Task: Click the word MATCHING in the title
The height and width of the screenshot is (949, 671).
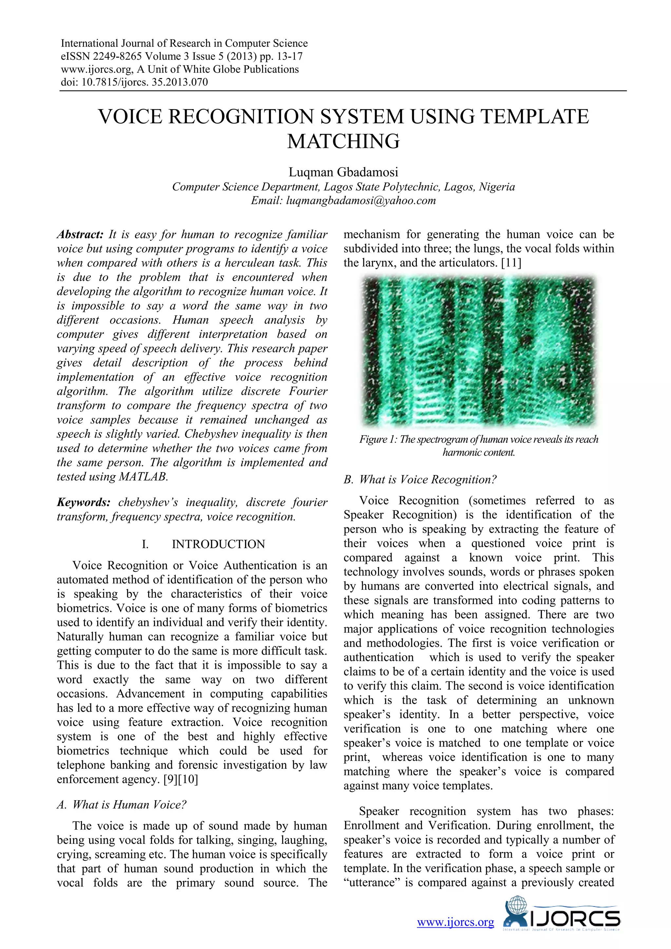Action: point(343,141)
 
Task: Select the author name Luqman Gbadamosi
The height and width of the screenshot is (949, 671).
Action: point(343,172)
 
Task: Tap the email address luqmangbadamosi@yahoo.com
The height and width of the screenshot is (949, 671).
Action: point(361,201)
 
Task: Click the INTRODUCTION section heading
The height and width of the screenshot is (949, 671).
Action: point(218,544)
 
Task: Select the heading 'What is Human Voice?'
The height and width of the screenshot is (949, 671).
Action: point(129,804)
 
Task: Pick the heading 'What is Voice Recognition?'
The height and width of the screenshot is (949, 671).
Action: point(428,480)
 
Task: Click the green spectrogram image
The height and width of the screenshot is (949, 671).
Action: point(478,351)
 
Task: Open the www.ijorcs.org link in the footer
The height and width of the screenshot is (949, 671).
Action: point(455,922)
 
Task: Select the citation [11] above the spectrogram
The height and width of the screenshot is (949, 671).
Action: point(511,263)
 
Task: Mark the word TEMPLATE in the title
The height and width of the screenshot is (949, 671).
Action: point(535,117)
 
